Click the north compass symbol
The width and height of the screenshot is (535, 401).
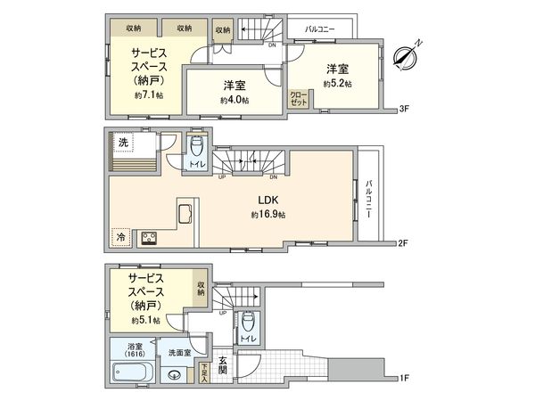tap(407, 55)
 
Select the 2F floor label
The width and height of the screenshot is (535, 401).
tap(403, 242)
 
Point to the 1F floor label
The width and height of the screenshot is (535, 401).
tap(403, 378)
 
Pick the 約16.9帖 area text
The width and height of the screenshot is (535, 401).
tap(267, 216)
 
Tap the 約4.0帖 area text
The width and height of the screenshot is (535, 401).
tap(235, 101)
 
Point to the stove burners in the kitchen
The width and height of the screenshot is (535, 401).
tap(147, 237)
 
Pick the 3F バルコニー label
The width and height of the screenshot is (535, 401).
tap(319, 29)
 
